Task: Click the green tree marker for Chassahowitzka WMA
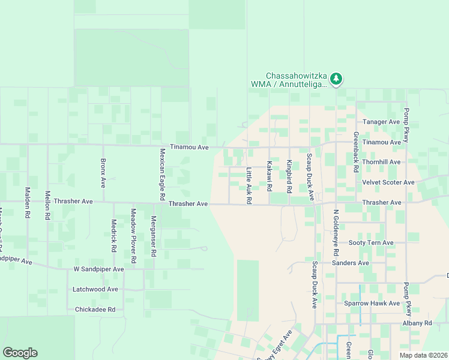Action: [x=337, y=79]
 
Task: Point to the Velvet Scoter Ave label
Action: [x=388, y=182]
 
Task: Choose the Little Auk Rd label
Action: [x=249, y=185]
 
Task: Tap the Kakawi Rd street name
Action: [x=270, y=172]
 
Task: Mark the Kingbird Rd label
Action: [x=289, y=176]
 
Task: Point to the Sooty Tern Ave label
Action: [x=371, y=242]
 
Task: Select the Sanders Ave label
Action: [x=351, y=263]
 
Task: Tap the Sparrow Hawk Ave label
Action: [x=372, y=303]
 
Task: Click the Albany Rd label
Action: [x=418, y=323]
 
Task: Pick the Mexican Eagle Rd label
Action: [x=162, y=175]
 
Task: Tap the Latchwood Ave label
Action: [x=95, y=289]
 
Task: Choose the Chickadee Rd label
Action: [x=99, y=310]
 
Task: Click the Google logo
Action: [x=20, y=353]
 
